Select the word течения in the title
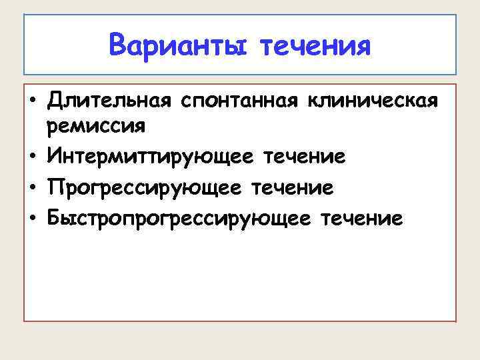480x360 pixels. [x=315, y=46]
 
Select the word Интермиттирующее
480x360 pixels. [x=150, y=157]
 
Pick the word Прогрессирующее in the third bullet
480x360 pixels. [x=145, y=188]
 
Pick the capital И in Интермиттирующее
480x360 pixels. [x=54, y=157]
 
